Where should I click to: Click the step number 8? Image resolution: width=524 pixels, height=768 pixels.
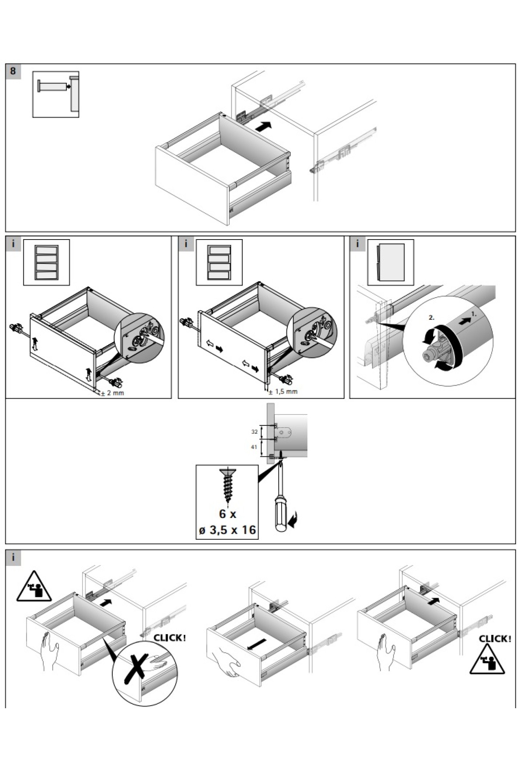tap(13, 71)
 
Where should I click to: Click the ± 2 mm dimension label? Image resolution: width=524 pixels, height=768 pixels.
tap(113, 393)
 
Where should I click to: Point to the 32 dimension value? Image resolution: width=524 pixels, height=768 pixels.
tap(254, 432)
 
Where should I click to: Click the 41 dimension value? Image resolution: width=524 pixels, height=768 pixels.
tap(254, 447)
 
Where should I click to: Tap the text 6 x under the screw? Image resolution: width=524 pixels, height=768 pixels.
tap(227, 514)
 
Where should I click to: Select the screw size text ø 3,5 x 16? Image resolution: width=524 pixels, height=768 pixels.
tap(227, 530)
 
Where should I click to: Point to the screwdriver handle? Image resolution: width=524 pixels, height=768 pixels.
tap(279, 512)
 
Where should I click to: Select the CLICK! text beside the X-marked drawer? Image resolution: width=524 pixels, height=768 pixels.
tap(169, 638)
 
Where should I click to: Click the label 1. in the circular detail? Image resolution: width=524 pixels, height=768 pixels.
tap(474, 313)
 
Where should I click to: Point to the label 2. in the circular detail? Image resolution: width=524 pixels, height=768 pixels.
tap(431, 318)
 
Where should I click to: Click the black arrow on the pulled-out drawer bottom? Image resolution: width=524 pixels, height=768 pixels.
tap(257, 644)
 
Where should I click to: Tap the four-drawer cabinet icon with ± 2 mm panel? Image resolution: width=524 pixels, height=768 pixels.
tap(46, 262)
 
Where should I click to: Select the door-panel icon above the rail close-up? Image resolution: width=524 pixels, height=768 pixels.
tap(391, 262)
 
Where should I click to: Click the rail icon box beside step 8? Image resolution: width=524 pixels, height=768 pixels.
tap(55, 94)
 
